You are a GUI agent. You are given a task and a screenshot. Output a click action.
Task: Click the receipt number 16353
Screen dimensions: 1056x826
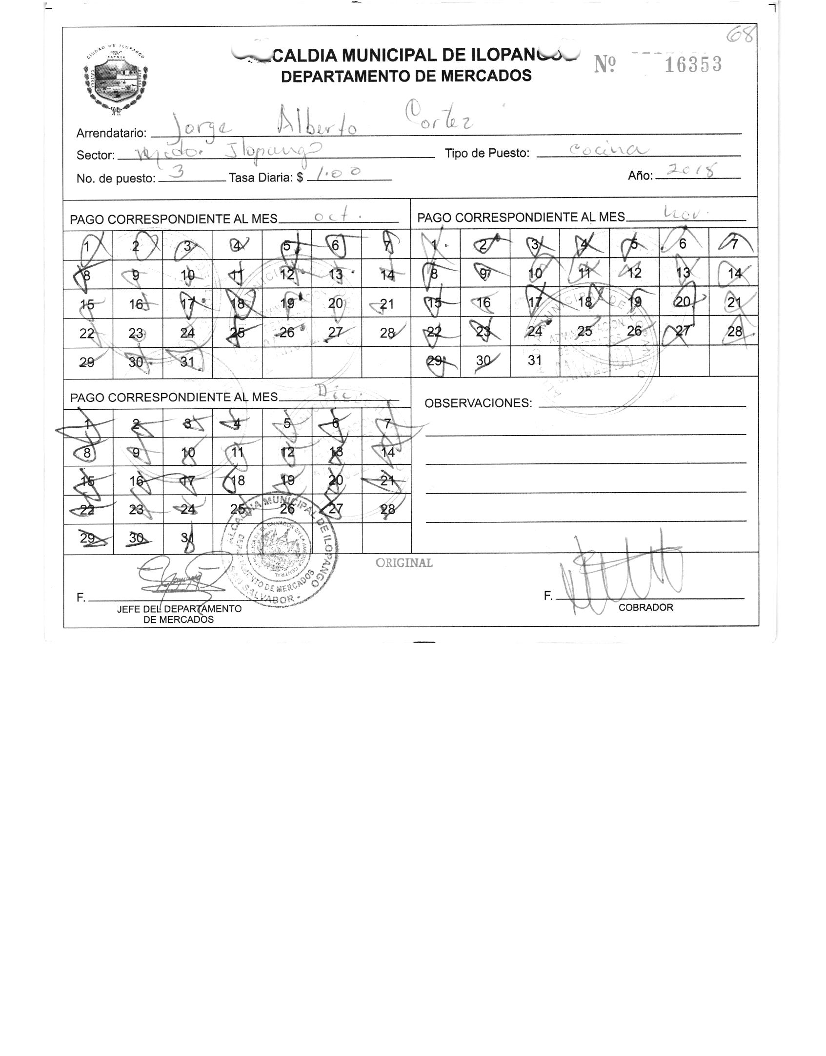click(693, 64)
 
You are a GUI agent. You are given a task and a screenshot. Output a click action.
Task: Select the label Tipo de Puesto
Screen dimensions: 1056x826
click(486, 153)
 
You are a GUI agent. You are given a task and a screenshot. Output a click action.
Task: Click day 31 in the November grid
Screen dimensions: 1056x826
click(535, 360)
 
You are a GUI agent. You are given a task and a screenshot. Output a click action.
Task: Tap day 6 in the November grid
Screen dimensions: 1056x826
click(683, 243)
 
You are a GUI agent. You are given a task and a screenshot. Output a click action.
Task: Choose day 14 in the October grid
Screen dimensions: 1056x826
click(387, 275)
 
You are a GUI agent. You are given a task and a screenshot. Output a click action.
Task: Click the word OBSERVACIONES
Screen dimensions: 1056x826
click(478, 403)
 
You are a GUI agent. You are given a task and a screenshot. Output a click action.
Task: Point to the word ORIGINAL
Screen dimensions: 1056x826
click(403, 563)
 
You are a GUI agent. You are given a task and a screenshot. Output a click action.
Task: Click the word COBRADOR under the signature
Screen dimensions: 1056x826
click(645, 607)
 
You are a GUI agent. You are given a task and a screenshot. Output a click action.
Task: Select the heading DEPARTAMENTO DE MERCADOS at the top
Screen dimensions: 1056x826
click(406, 76)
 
